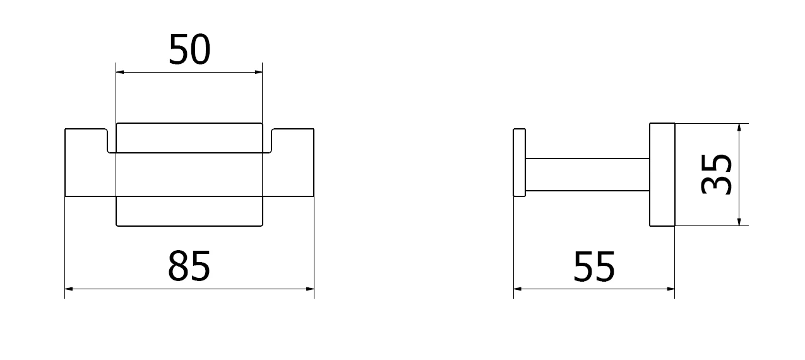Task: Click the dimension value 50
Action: coord(189,50)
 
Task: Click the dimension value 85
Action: coord(189,266)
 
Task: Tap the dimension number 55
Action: coord(594,266)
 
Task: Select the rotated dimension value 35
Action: coord(716,174)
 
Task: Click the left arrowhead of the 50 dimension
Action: coord(120,72)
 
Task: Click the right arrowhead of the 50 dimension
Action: coord(258,72)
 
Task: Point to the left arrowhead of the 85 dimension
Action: coord(69,289)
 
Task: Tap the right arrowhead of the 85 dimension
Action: coord(310,289)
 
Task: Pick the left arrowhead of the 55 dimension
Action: coord(518,289)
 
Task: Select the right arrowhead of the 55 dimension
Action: coord(671,289)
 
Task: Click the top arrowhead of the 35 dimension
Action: coord(739,128)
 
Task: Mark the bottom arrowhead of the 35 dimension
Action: coord(739,222)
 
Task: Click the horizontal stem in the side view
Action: coord(587,174)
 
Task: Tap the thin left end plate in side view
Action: coord(519,162)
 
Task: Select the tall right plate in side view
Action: coord(662,174)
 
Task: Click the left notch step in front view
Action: coord(107,141)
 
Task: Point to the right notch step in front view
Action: coord(271,141)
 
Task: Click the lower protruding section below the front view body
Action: coord(189,212)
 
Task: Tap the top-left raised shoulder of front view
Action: coord(86,129)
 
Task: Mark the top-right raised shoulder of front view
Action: coord(293,129)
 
